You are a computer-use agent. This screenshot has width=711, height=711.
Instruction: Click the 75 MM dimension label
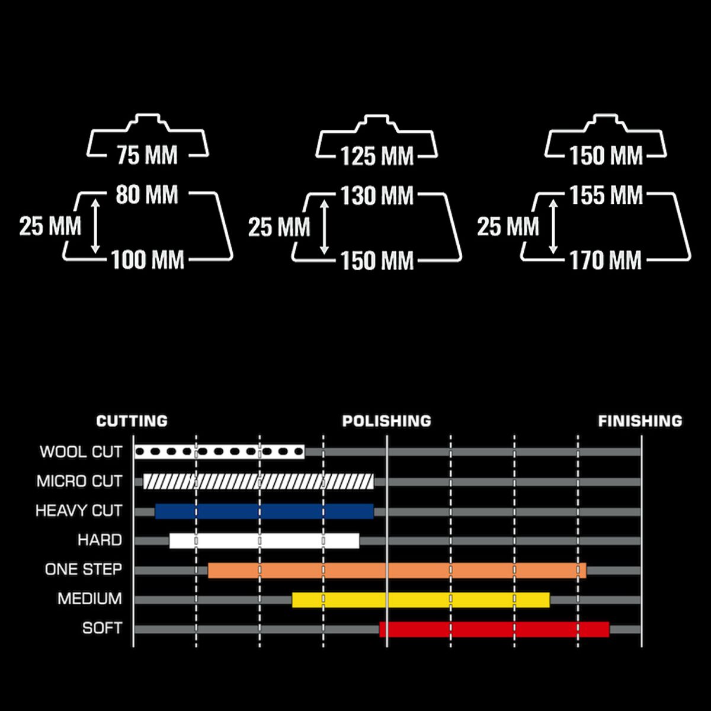[147, 155]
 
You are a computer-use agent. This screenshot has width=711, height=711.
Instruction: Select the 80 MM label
[147, 194]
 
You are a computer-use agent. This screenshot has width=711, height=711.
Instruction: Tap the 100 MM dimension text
[147, 260]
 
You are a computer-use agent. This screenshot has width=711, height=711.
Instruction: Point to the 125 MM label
[377, 156]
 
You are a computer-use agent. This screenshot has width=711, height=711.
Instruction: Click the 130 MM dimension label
[377, 196]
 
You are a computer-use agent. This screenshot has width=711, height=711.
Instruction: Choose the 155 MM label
[606, 195]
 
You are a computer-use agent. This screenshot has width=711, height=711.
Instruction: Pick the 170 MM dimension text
[606, 260]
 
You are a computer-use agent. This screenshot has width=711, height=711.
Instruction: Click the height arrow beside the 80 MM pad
[95, 226]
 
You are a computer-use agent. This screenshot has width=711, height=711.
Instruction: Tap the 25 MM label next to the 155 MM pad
[508, 226]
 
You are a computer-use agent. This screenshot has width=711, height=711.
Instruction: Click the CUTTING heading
[132, 421]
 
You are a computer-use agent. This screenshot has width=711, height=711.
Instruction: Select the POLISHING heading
[386, 421]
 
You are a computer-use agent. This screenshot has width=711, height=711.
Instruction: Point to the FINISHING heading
[640, 421]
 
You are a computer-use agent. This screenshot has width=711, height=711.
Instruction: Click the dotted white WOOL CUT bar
[220, 451]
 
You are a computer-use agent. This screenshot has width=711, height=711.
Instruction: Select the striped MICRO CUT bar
[258, 482]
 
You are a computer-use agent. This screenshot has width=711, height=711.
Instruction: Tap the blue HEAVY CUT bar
[264, 511]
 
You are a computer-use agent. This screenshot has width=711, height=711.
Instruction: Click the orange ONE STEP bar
[397, 571]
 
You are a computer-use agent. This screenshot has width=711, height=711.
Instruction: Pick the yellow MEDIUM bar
[421, 600]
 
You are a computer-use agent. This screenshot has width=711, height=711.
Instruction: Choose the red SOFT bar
[494, 629]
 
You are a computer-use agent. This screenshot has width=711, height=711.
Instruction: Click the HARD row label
[100, 540]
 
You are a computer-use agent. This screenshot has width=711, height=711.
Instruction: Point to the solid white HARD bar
[264, 541]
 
